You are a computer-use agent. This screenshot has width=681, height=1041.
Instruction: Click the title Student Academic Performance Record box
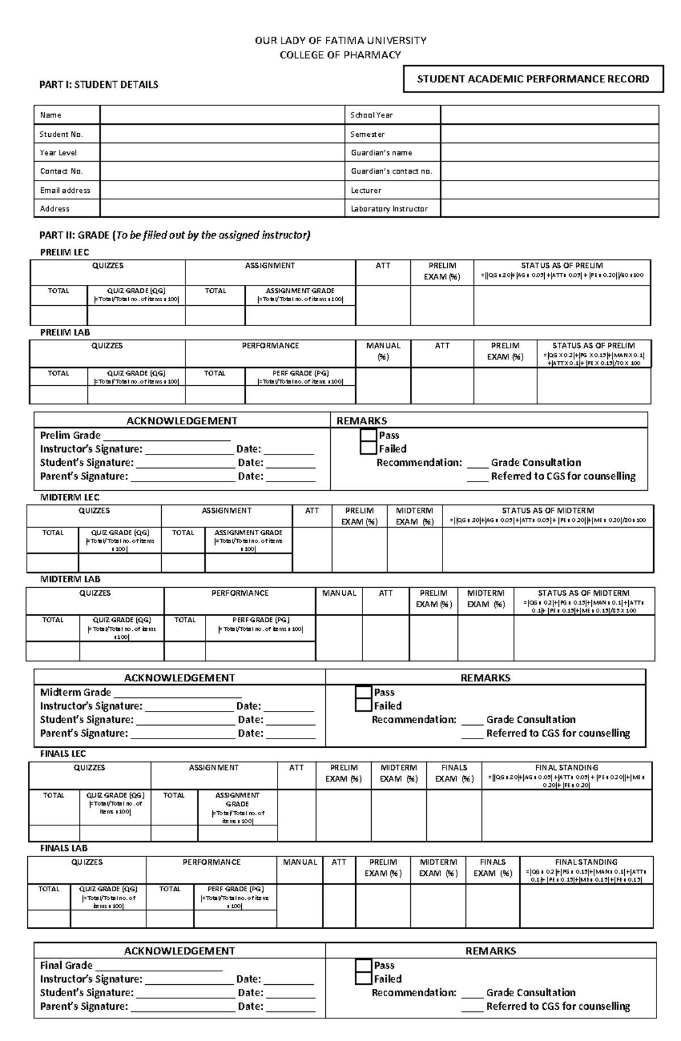pyautogui.click(x=533, y=79)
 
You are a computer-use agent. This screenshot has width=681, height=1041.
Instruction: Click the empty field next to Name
pyautogui.click(x=222, y=115)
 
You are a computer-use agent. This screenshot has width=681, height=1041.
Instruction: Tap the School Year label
pyautogui.click(x=371, y=115)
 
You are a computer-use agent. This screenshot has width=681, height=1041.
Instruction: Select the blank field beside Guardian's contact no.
pyautogui.click(x=549, y=171)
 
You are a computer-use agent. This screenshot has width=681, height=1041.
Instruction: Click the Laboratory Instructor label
pyautogui.click(x=389, y=209)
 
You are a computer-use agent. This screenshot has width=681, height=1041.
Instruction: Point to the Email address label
pyautogui.click(x=65, y=191)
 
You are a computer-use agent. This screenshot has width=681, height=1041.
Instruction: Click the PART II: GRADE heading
pyautogui.click(x=175, y=235)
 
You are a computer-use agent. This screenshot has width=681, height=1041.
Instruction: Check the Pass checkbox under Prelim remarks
pyautogui.click(x=368, y=435)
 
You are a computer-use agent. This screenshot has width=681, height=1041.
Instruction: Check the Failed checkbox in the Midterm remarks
pyautogui.click(x=363, y=706)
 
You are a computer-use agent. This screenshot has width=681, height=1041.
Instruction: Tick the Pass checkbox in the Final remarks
pyautogui.click(x=363, y=965)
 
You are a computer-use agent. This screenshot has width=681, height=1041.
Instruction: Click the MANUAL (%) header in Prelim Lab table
pyautogui.click(x=383, y=351)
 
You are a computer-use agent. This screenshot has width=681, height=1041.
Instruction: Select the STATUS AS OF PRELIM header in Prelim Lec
pyautogui.click(x=562, y=265)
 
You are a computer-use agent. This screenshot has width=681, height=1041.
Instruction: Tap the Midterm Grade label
pyautogui.click(x=75, y=692)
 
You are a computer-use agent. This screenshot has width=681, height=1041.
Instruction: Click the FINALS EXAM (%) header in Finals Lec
pyautogui.click(x=454, y=773)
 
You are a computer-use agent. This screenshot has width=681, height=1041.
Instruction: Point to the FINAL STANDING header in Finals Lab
pyautogui.click(x=586, y=862)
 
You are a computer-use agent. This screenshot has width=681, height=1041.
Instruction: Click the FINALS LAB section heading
pyautogui.click(x=64, y=848)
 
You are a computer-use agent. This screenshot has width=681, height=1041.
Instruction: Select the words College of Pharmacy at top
pyautogui.click(x=340, y=55)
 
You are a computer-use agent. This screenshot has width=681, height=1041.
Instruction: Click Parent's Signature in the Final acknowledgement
pyautogui.click(x=84, y=1006)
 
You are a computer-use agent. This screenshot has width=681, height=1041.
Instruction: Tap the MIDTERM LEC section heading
pyautogui.click(x=70, y=498)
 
